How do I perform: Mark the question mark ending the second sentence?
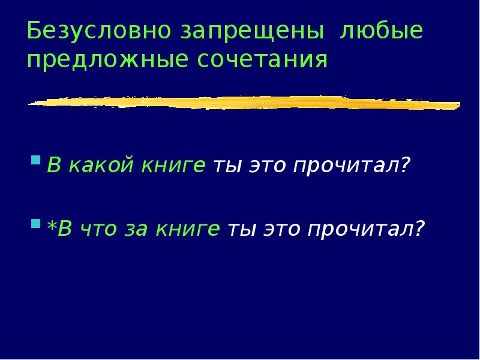click(419, 227)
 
